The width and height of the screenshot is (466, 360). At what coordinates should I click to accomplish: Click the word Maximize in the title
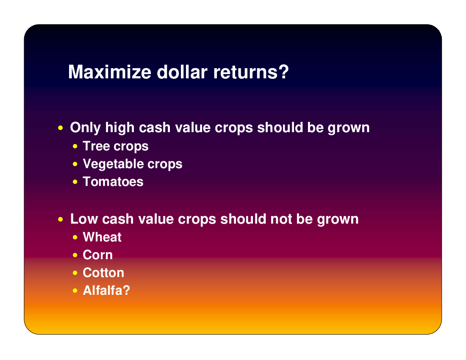(110, 72)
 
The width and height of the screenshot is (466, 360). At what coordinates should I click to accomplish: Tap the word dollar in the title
(182, 72)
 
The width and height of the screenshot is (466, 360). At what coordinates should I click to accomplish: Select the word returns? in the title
(251, 72)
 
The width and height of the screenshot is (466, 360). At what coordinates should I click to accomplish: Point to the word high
(120, 128)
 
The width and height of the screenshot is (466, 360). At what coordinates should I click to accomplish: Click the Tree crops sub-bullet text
(116, 147)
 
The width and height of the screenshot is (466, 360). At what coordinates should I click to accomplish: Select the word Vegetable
(113, 164)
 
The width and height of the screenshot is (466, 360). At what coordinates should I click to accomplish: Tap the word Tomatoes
(113, 182)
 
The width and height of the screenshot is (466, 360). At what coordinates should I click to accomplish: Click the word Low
(84, 219)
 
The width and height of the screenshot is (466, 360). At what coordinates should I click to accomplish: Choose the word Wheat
(102, 237)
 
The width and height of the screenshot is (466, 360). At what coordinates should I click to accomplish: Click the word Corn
(98, 255)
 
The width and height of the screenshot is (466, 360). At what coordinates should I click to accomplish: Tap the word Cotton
(103, 273)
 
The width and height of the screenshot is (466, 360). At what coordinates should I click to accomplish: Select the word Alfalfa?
(106, 291)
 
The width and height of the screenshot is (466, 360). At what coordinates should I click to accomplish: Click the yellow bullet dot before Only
(61, 128)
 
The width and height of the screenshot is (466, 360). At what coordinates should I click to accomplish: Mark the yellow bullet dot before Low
(61, 219)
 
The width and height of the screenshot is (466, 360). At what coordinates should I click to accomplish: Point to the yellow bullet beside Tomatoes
(75, 182)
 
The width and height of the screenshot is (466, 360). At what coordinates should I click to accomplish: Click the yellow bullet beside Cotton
(75, 273)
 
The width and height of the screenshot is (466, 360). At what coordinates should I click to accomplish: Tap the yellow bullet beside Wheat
(75, 237)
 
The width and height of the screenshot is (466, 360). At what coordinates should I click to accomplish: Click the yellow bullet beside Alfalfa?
(75, 291)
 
